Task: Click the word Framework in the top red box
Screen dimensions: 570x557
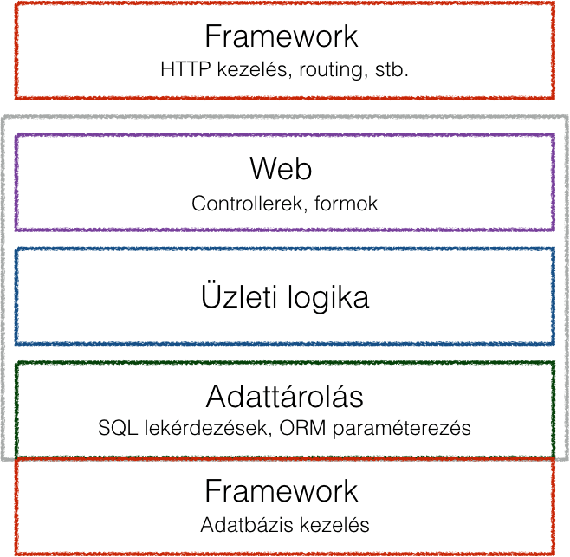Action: pos(282,36)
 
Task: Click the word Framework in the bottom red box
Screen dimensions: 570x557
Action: pos(282,491)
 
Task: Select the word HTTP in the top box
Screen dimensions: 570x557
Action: pos(185,69)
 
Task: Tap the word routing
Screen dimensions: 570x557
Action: pos(331,70)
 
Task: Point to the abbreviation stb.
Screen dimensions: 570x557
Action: pos(392,69)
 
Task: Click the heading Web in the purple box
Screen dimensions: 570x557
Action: pos(281,168)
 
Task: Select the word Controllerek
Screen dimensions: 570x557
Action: pos(247,204)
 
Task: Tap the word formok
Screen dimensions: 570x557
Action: pos(347,204)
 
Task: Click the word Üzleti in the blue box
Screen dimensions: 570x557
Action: pos(239,296)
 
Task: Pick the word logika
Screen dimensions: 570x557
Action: pos(328,298)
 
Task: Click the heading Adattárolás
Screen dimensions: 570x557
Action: pos(285,395)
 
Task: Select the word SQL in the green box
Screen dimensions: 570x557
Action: pos(118,428)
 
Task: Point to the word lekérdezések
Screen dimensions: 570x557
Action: pos(206,428)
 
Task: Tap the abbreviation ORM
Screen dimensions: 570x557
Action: pos(302,428)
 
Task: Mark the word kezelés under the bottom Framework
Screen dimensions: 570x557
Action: pos(334,525)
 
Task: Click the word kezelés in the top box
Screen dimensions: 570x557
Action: pos(252,69)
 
